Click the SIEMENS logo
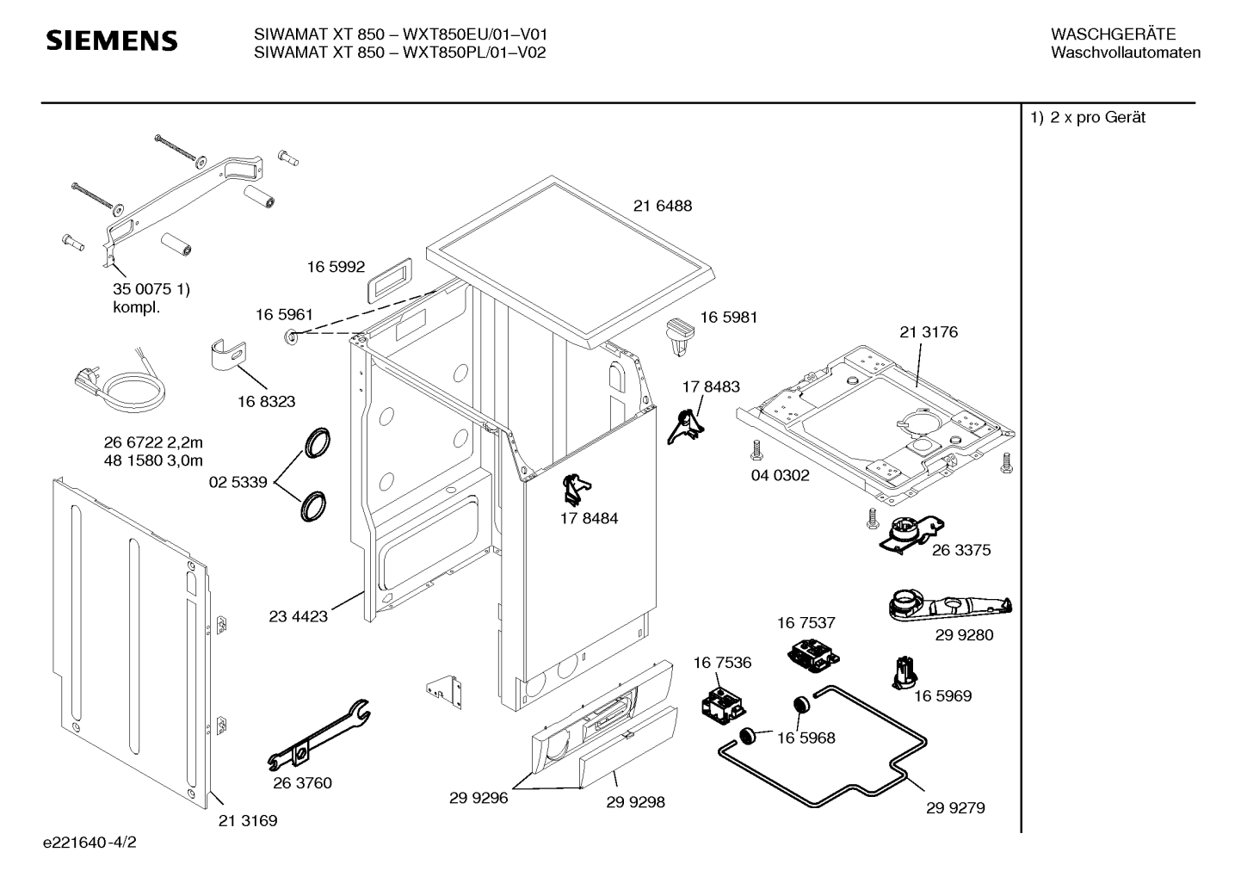(112, 40)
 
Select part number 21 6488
(663, 206)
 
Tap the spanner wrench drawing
(319, 735)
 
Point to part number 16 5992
(336, 267)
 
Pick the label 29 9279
(955, 808)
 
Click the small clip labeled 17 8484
(577, 488)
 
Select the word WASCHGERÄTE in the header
(1113, 34)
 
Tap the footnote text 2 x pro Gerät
(1097, 117)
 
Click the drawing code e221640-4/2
(90, 843)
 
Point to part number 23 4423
(298, 616)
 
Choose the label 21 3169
(248, 821)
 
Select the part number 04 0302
(780, 475)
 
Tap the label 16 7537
(806, 623)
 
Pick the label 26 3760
(302, 783)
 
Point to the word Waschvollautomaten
(1126, 52)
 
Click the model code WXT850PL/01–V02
(474, 52)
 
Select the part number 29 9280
(965, 635)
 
